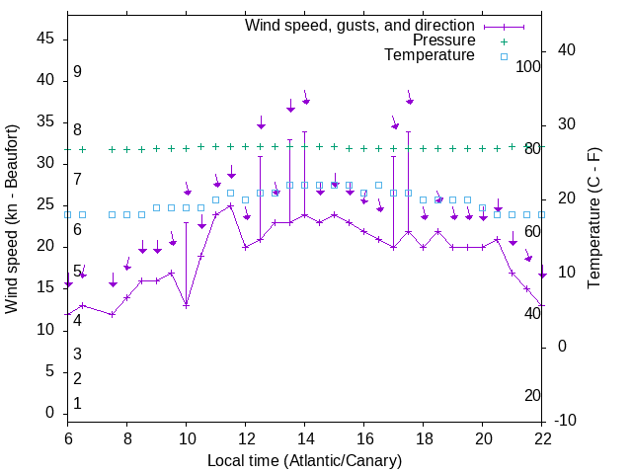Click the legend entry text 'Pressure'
443,40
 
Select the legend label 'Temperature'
430,55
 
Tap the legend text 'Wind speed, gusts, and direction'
360,26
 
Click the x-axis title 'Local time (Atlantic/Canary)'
304,460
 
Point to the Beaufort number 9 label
77,72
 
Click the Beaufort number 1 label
77,403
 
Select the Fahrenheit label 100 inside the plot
529,66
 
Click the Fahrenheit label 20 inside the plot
532,395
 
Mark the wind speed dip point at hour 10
186,305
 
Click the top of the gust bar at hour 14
305,131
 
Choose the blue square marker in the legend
504,56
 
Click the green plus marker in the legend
504,41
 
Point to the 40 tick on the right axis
567,50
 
